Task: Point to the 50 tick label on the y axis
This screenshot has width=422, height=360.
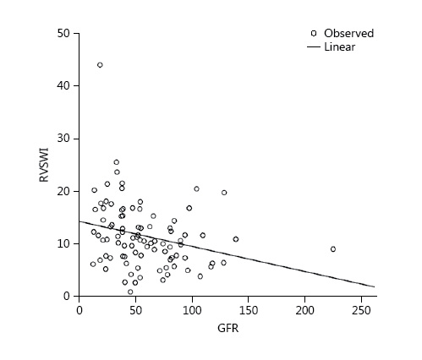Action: click(x=63, y=33)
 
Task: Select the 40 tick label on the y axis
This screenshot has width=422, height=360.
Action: click(x=63, y=85)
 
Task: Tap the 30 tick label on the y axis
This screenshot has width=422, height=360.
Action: click(x=63, y=139)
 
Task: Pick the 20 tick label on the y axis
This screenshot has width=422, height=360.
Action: click(x=63, y=191)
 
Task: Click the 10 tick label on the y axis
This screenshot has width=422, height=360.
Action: click(x=63, y=243)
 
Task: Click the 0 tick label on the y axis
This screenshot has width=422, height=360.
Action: click(x=67, y=297)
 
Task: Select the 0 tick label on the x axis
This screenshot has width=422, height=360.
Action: click(x=79, y=309)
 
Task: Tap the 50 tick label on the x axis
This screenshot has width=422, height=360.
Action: click(x=135, y=309)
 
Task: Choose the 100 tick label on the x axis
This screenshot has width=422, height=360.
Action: click(x=192, y=309)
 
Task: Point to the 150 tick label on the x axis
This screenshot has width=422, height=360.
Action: click(x=249, y=309)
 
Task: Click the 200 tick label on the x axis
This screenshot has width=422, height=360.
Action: click(x=305, y=309)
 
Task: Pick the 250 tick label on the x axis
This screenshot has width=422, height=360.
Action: click(x=362, y=309)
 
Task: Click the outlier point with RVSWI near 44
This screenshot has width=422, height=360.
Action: click(x=100, y=65)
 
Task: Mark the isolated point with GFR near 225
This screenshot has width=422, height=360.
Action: click(x=333, y=249)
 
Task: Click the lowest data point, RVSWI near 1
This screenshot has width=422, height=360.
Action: click(x=130, y=292)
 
